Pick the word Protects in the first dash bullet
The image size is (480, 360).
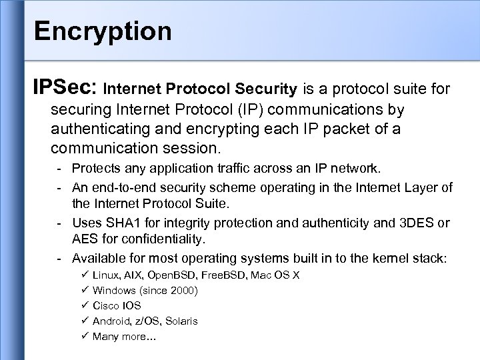point(95,167)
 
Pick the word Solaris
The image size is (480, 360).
point(181,321)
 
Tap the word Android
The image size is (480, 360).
point(112,321)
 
